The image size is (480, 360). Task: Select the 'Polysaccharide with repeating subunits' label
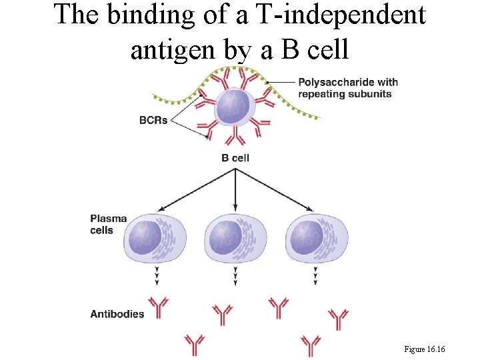(347, 88)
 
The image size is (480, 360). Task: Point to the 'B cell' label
(235, 158)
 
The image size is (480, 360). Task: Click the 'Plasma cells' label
(108, 225)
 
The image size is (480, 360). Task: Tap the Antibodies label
(117, 313)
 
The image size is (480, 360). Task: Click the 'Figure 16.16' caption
(425, 349)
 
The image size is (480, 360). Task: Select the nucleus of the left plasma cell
(145, 237)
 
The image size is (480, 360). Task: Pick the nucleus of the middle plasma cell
(225, 237)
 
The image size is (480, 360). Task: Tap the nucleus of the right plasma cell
(305, 237)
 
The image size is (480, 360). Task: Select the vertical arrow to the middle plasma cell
(235, 190)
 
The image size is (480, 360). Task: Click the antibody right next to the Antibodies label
(159, 308)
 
